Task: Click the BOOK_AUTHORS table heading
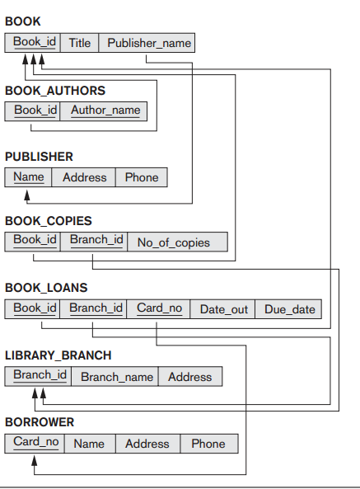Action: pos(55,91)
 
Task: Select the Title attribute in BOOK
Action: pos(79,43)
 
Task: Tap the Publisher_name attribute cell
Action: pos(147,43)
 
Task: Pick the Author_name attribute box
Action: pos(104,110)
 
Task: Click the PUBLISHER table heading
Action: pos(39,157)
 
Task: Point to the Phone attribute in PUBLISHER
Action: pos(142,177)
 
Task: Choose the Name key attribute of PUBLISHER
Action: pos(28,177)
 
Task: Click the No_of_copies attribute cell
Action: pos(177,242)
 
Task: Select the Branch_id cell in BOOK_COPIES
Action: pos(94,242)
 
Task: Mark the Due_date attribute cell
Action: pos(288,309)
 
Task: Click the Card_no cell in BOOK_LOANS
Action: pos(158,309)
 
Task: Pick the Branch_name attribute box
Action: pos(115,376)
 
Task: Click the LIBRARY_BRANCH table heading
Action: pos(58,355)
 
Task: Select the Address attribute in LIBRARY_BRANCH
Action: pos(190,376)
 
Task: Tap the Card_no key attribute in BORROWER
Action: pos(35,444)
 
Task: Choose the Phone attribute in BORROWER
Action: pos(209,444)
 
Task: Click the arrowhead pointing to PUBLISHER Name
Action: pos(27,195)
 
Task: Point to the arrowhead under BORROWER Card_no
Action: pos(35,461)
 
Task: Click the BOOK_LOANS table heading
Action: pos(46,288)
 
